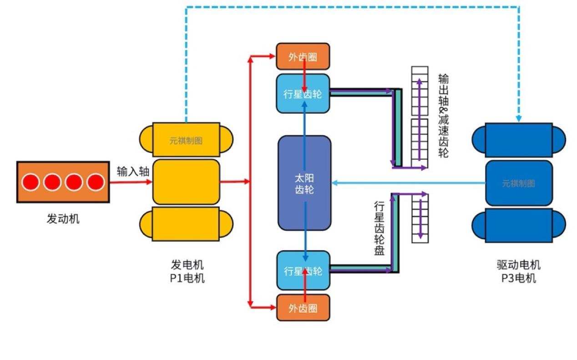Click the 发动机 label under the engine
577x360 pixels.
point(63,219)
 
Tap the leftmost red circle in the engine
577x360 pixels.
point(31,182)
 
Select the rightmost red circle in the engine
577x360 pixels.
point(96,182)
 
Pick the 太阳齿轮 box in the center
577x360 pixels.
point(304,183)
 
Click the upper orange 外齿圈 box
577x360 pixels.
point(303,57)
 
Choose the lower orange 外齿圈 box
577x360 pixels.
point(303,308)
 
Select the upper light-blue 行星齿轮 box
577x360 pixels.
point(303,94)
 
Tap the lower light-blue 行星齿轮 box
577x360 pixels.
point(303,271)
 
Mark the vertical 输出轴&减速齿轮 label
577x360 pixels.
point(443,116)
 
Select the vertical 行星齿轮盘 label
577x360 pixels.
point(379,228)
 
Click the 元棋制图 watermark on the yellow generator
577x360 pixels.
point(186,140)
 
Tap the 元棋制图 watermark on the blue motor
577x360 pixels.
point(518,183)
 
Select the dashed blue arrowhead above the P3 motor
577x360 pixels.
point(519,118)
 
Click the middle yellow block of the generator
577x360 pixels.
point(186,182)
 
